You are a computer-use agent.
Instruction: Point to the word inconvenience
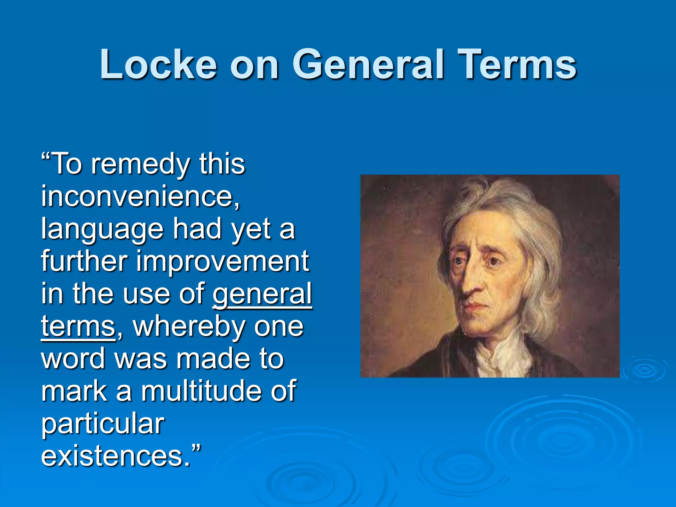pos(140,196)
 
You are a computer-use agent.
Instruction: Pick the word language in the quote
pos(102,229)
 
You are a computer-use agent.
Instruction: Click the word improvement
pos(223,261)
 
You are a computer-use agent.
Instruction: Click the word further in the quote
pos(84,261)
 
